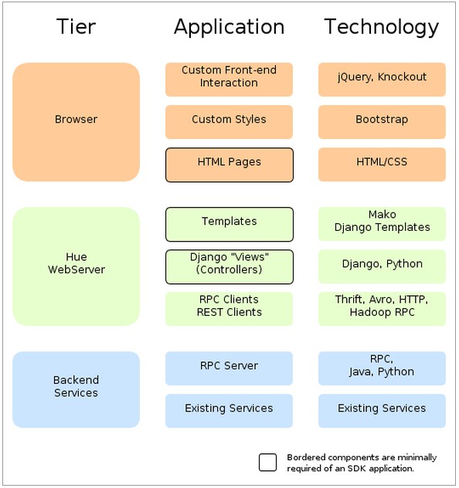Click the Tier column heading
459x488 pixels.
point(76,27)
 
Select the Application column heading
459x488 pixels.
point(229,27)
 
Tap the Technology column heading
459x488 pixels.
point(382,27)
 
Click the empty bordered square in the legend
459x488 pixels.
point(267,462)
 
